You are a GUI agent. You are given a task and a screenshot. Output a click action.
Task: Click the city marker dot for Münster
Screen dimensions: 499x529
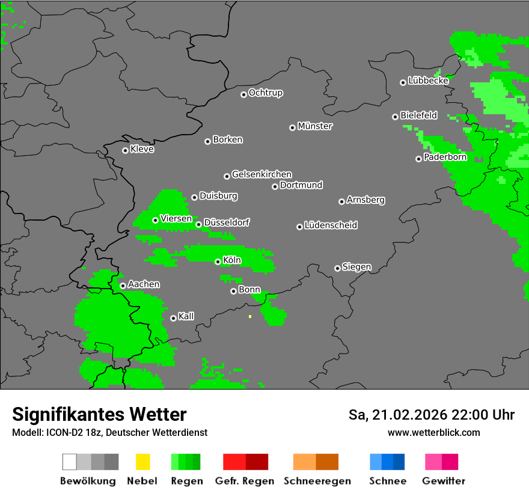pos(292,127)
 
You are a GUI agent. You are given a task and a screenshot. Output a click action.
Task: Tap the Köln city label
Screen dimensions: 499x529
pos(232,260)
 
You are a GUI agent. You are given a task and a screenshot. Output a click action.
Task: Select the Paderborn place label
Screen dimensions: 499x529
pos(445,158)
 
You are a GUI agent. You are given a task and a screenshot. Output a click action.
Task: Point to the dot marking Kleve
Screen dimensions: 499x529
pos(125,150)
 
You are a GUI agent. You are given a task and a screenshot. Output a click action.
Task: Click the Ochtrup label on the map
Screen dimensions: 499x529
pos(266,93)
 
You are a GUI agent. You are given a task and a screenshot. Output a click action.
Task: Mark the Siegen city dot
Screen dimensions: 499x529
pos(337,268)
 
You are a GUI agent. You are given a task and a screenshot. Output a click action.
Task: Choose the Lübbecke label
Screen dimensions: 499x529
pos(428,81)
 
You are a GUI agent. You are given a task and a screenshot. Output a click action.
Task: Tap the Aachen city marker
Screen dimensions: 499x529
pos(123,286)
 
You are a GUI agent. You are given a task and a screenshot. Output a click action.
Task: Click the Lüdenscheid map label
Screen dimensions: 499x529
pos(331,225)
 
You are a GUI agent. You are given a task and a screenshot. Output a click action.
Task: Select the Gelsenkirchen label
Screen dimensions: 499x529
pos(261,175)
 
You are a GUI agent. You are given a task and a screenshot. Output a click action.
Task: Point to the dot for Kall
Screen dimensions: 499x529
pos(173,318)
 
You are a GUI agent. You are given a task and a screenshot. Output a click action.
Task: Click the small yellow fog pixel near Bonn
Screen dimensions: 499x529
pos(250,316)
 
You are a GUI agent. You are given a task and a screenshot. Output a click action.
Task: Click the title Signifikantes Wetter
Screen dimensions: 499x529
pos(99,414)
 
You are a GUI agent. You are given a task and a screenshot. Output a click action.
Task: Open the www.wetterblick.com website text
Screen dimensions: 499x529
pos(433,432)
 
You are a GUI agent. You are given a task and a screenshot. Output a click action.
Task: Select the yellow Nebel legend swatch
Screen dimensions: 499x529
pos(142,462)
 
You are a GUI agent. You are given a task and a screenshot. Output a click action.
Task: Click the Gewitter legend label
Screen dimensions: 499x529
pos(444,481)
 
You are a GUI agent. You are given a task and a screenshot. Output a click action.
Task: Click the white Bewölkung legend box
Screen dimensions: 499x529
pos(70,462)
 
